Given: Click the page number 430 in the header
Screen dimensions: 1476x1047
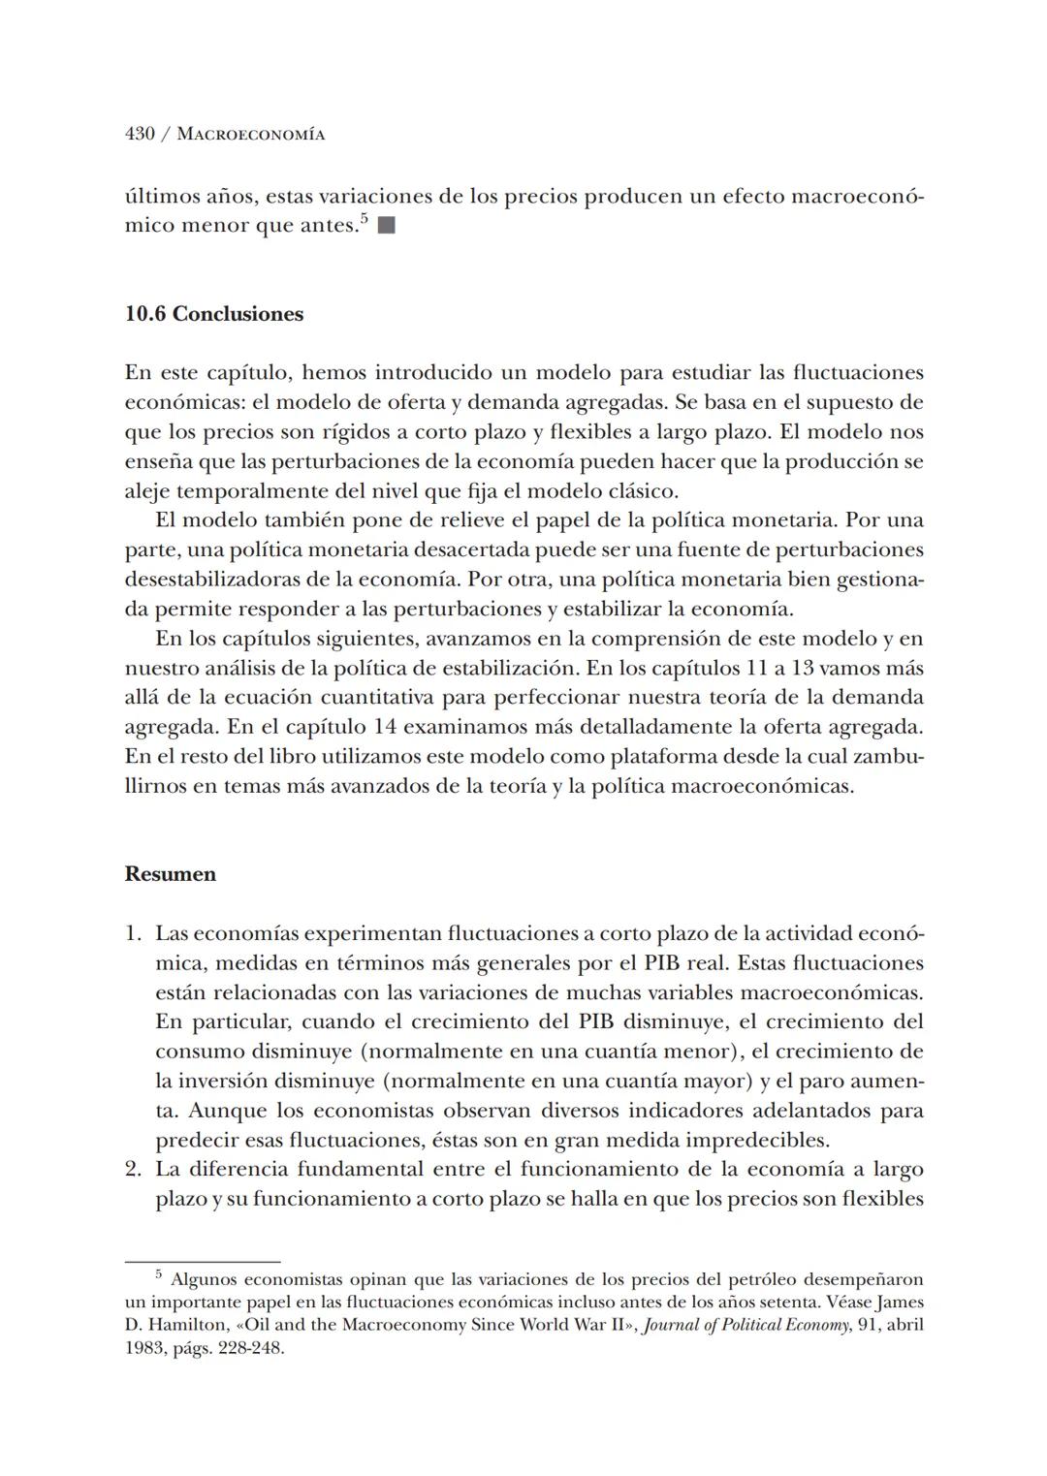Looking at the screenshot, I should [x=140, y=134].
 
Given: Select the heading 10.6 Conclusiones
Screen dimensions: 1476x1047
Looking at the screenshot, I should [x=214, y=314].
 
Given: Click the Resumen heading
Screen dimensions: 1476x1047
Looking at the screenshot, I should [x=171, y=874].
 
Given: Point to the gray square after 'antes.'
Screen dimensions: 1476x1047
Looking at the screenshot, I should [x=387, y=226].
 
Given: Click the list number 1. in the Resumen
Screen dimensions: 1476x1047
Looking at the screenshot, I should [x=134, y=933].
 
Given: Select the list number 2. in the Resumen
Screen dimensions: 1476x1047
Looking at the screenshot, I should [x=134, y=1169].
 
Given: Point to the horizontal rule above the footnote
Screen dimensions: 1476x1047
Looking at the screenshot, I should [x=203, y=1261].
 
